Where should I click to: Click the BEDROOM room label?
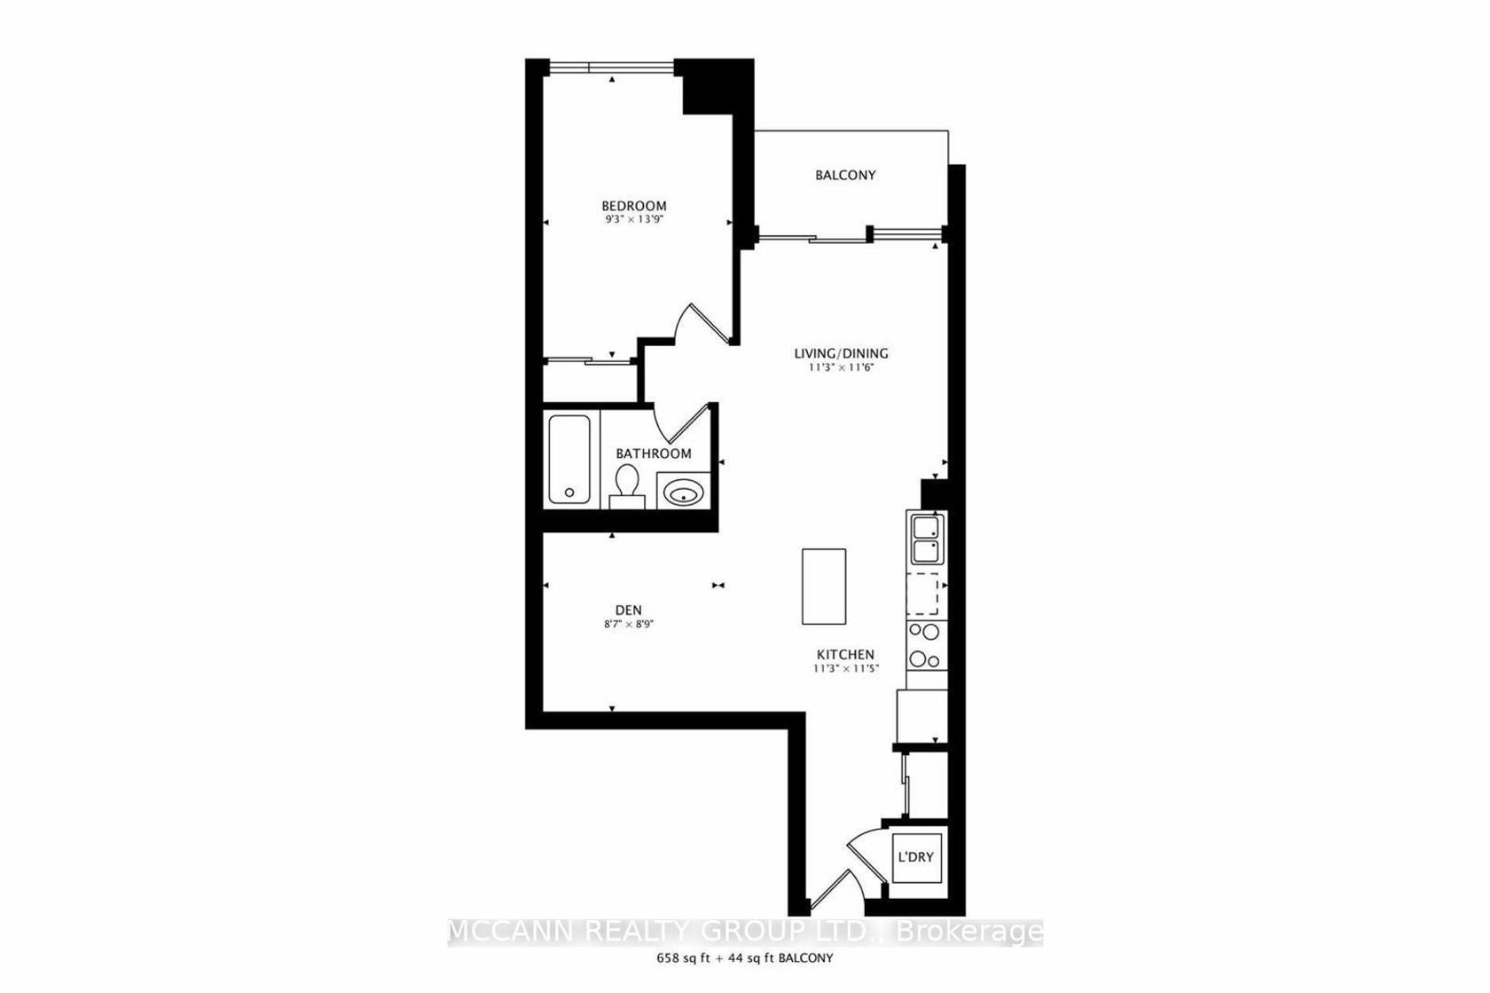pos(634,206)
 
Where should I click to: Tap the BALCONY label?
pos(845,175)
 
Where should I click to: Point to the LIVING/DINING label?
pos(841,353)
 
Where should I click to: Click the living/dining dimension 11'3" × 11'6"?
pos(841,367)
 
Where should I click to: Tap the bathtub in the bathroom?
pos(569,459)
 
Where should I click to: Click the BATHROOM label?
pos(653,454)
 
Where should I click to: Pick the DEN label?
pos(629,610)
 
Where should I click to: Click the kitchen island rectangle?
pos(823,587)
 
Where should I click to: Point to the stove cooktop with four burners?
pos(926,645)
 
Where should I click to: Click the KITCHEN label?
pos(845,654)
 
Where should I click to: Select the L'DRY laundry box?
pos(917,858)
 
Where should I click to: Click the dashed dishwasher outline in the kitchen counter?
pos(922,594)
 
